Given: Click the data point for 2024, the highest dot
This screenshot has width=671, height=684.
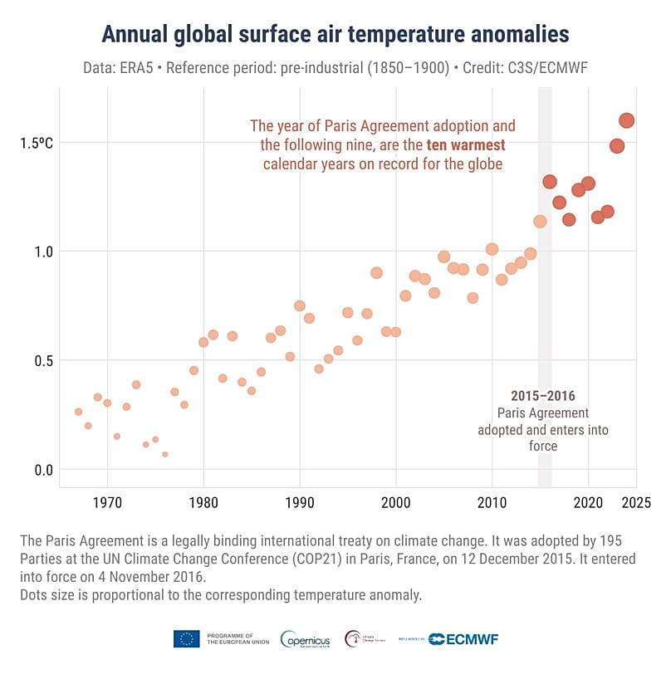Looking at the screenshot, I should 627,120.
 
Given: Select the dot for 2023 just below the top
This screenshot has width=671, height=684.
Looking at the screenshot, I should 617,146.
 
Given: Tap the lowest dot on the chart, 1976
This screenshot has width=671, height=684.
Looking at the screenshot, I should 165,454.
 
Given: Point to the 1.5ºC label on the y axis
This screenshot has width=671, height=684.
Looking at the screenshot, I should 37,143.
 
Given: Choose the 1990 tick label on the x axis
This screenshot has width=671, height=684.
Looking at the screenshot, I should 299,502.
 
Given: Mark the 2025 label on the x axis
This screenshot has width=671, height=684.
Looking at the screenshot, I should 637,502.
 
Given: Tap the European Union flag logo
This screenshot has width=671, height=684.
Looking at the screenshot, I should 186,638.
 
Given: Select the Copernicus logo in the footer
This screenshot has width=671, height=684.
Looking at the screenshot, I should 306,639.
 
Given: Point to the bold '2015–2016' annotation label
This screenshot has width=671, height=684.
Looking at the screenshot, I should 543,396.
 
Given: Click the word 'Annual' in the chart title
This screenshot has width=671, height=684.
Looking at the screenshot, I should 136,34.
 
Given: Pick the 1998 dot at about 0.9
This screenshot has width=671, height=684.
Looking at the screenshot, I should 376,273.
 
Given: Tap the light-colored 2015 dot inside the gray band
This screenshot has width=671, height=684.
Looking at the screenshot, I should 540,222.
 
